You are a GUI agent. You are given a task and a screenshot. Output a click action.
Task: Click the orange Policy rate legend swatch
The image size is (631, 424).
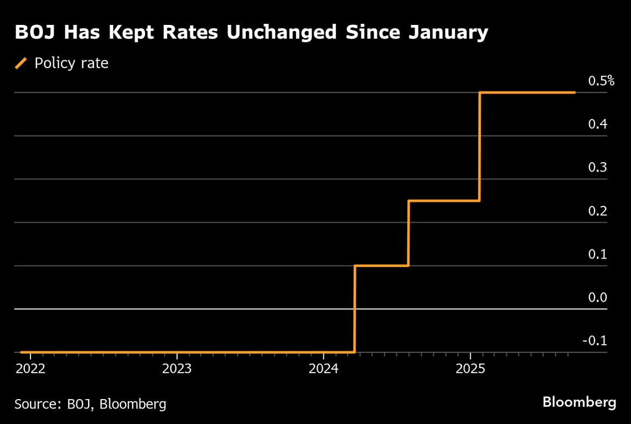pyautogui.click(x=21, y=63)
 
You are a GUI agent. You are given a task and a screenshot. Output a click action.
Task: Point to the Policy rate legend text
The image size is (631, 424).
pyautogui.click(x=71, y=63)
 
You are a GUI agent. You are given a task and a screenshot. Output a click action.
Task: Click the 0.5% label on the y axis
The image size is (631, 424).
pyautogui.click(x=601, y=81)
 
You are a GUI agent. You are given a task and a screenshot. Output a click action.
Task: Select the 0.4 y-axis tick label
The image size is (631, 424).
pyautogui.click(x=598, y=124)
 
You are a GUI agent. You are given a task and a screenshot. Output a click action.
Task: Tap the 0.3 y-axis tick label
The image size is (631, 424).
pyautogui.click(x=598, y=167)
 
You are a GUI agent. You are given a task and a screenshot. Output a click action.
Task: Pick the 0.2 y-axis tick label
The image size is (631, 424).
pyautogui.click(x=598, y=211)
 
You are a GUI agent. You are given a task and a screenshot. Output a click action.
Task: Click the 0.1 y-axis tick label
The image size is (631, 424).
pyautogui.click(x=598, y=254)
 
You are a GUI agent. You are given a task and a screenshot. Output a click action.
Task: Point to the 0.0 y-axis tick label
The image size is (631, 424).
pyautogui.click(x=598, y=297)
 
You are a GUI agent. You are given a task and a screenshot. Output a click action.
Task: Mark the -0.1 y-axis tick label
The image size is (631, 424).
pyautogui.click(x=595, y=340)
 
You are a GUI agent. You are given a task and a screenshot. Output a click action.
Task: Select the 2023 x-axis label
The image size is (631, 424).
pyautogui.click(x=177, y=369)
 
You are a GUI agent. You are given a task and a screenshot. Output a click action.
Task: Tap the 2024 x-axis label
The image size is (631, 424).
pyautogui.click(x=323, y=369)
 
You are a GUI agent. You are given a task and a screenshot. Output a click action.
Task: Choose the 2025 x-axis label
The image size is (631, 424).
pyautogui.click(x=470, y=369)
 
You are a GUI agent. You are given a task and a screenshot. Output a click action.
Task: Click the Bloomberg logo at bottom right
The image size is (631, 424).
pyautogui.click(x=579, y=402)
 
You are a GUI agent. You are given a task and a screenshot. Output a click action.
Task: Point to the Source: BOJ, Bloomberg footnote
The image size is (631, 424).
pyautogui.click(x=90, y=404)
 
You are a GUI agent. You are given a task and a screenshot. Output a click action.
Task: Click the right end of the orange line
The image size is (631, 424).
pyautogui.click(x=574, y=92)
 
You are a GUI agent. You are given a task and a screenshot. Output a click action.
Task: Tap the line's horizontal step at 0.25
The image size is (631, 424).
pyautogui.click(x=444, y=200)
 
